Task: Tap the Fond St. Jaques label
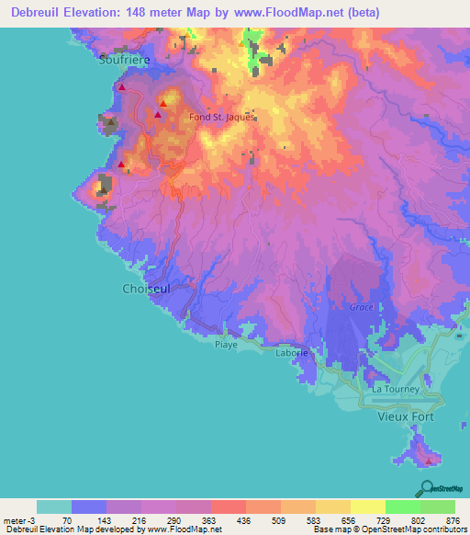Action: click(x=221, y=117)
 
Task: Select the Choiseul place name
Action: click(x=145, y=289)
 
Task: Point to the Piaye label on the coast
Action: click(x=226, y=345)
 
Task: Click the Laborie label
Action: click(x=292, y=352)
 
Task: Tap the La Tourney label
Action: click(x=395, y=389)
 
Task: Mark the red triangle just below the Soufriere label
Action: click(x=121, y=87)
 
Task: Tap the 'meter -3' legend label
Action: click(x=17, y=519)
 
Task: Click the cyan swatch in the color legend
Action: click(x=53, y=507)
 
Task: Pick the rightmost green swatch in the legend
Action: click(x=438, y=507)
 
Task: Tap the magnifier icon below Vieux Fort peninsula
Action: click(x=424, y=487)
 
